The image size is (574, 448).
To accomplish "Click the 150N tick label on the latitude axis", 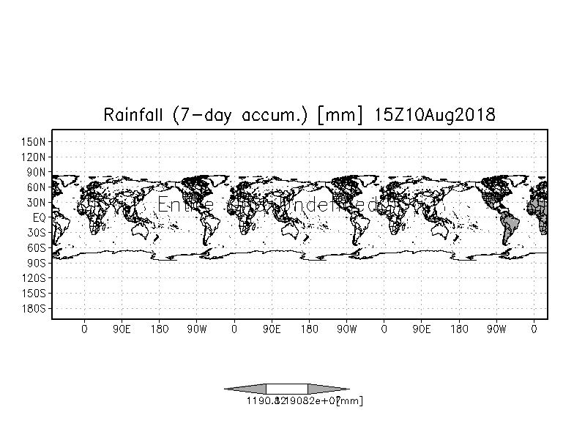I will coord(34,141).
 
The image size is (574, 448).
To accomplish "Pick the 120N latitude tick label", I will coord(34,157).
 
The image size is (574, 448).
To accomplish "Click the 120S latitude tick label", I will coord(34,278).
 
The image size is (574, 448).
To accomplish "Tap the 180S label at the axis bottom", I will coord(34,309).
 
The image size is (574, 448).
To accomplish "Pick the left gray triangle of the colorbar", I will coord(246,389).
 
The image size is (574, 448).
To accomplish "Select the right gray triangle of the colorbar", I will coord(327,389).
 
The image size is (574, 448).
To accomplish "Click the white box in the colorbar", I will coord(287,389).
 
